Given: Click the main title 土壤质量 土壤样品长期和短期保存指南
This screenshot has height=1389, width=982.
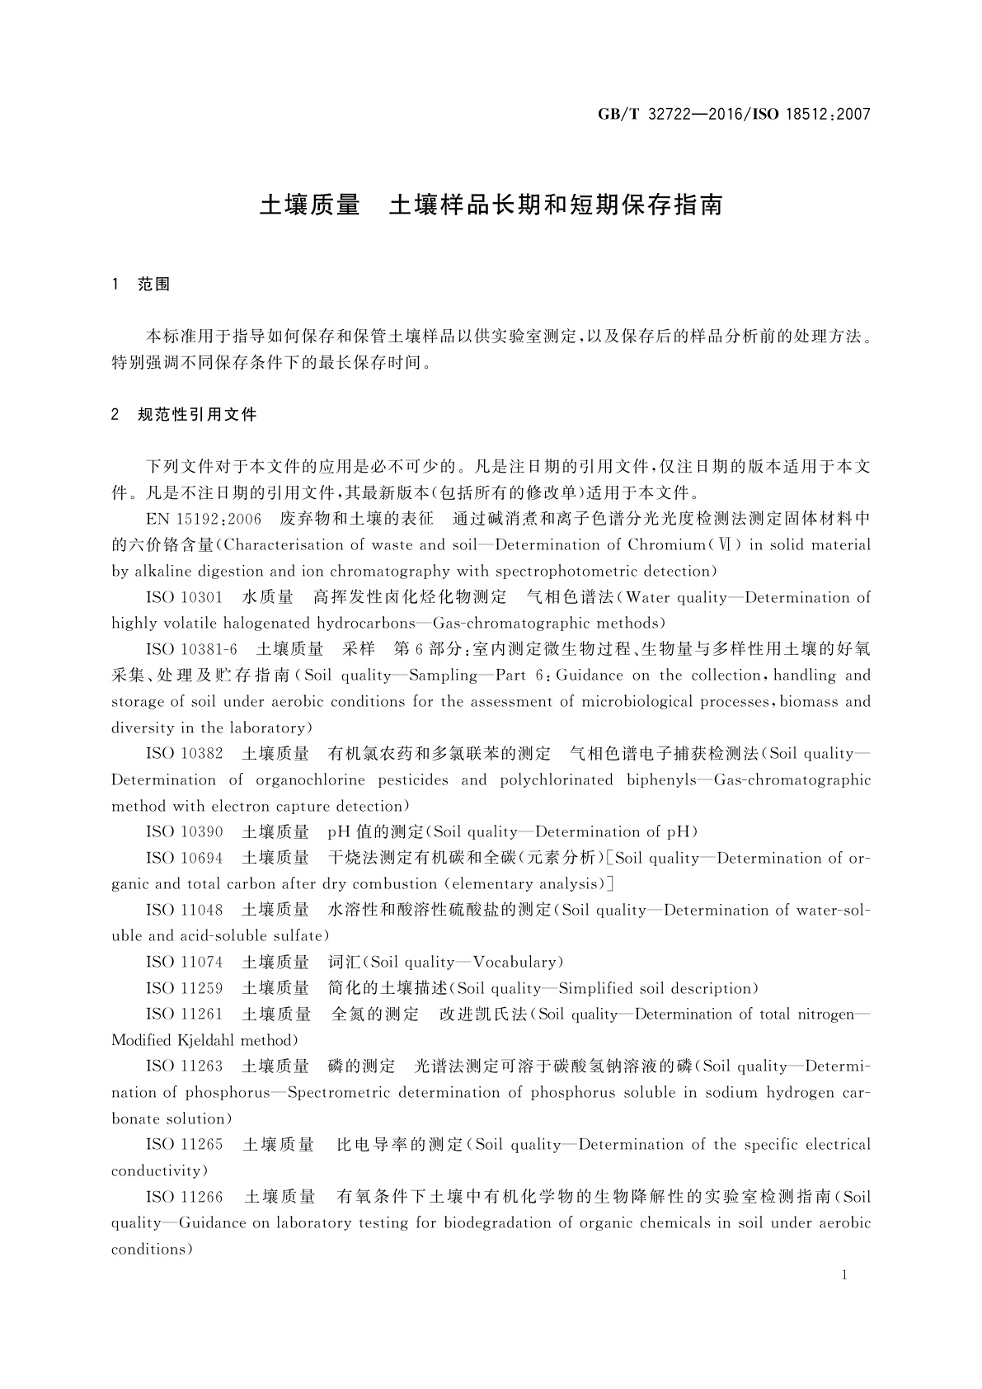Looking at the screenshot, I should click(491, 205).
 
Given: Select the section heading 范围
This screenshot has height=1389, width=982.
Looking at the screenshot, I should click(154, 285).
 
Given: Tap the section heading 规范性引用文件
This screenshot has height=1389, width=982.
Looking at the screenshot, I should click(197, 414).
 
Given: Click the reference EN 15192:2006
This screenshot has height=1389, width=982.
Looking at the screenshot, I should click(203, 519).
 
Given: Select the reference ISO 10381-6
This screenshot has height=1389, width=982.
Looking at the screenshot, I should click(191, 649).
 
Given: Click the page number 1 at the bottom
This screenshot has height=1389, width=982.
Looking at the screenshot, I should click(845, 1275).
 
